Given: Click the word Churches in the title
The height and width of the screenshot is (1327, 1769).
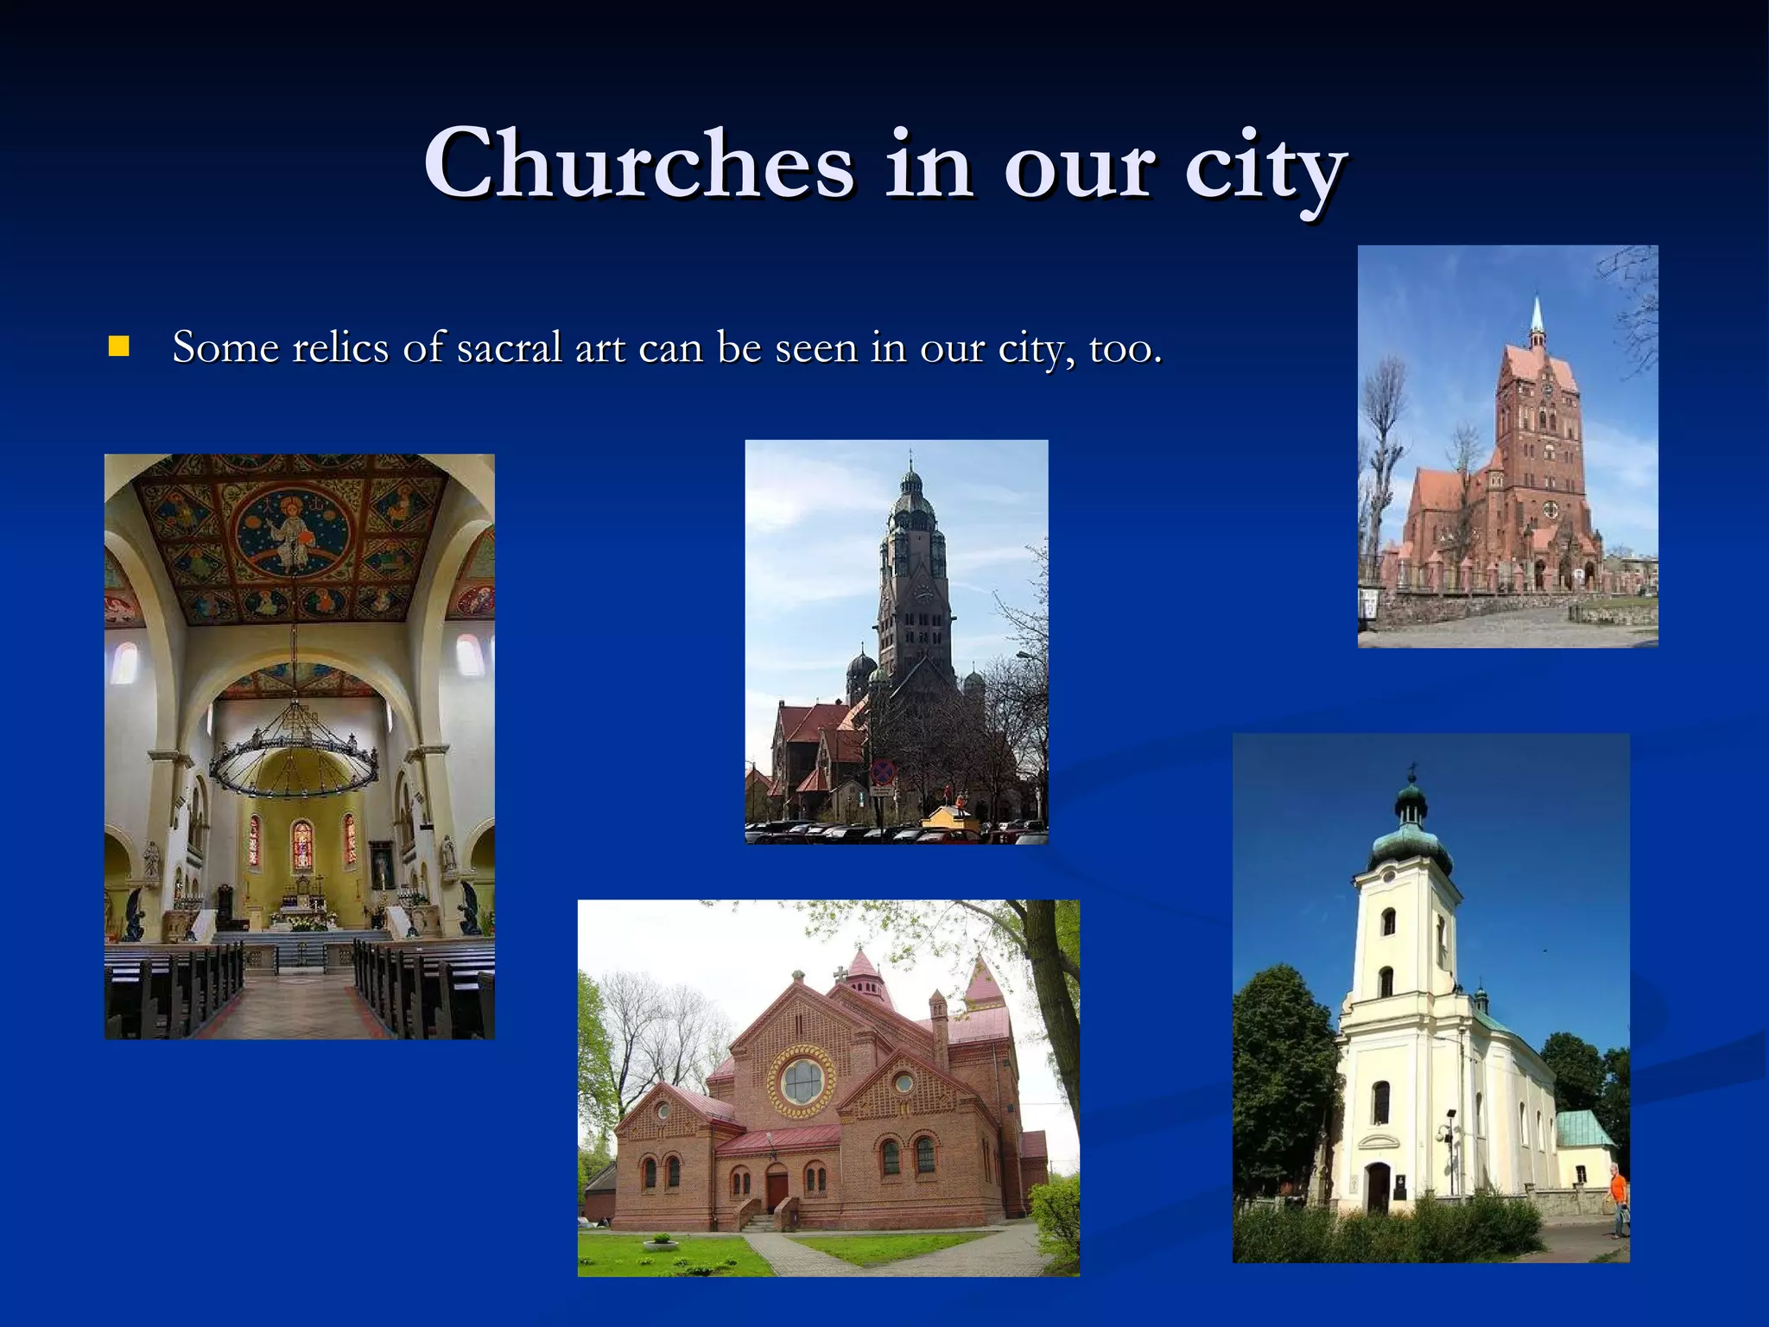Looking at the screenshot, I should pyautogui.click(x=637, y=164).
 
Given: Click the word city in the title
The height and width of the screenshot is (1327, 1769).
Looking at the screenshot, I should pyautogui.click(x=1264, y=168).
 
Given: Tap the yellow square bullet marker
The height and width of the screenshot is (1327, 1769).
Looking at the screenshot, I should pyautogui.click(x=118, y=347).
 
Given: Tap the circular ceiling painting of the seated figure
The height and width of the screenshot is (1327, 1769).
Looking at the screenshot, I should pyautogui.click(x=293, y=532).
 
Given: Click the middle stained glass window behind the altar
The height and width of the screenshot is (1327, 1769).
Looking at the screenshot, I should pyautogui.click(x=301, y=844).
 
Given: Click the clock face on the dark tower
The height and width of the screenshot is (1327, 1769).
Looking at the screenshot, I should pyautogui.click(x=922, y=594).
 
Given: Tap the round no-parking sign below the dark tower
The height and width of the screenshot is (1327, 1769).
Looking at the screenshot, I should pyautogui.click(x=883, y=771).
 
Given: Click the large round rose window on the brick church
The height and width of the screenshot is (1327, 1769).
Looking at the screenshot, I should pyautogui.click(x=803, y=1080).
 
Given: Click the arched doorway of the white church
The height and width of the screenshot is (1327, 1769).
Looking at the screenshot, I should pyautogui.click(x=1378, y=1186).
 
